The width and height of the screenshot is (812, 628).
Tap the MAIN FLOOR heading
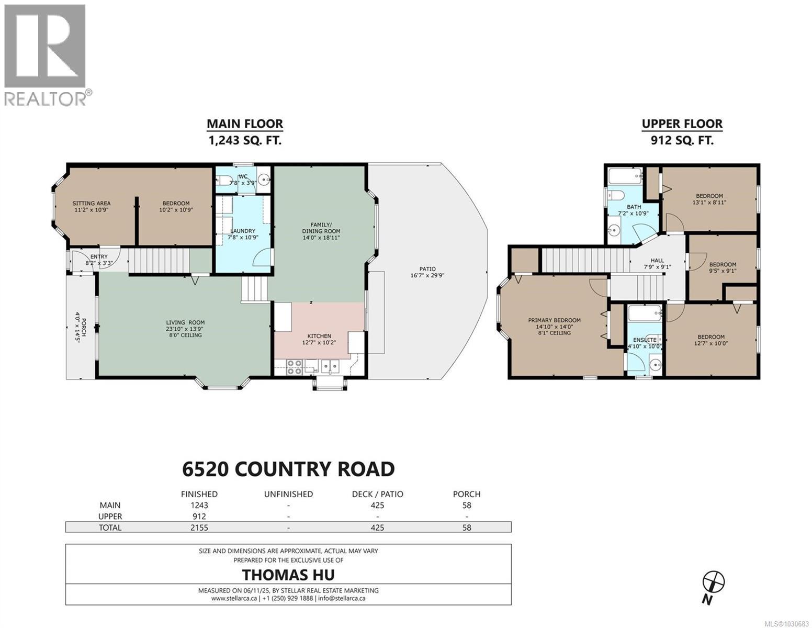click(x=244, y=124)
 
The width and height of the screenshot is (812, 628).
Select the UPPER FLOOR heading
click(x=682, y=124)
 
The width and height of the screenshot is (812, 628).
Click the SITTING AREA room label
click(x=92, y=204)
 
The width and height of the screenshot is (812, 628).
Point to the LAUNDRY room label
click(x=243, y=231)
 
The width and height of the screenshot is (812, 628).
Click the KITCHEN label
click(x=319, y=336)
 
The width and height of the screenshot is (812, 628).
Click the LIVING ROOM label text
click(x=185, y=322)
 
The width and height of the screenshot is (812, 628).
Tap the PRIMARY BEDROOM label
click(x=554, y=320)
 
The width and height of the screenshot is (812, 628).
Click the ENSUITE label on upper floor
click(x=644, y=340)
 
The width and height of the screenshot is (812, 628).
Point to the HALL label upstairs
click(x=657, y=260)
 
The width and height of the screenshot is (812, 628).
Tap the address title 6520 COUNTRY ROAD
click(x=288, y=469)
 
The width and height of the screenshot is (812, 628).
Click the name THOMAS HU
click(x=288, y=575)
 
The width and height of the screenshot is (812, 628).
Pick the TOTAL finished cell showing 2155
click(x=199, y=528)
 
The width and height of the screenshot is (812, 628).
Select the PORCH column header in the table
click(x=466, y=494)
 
